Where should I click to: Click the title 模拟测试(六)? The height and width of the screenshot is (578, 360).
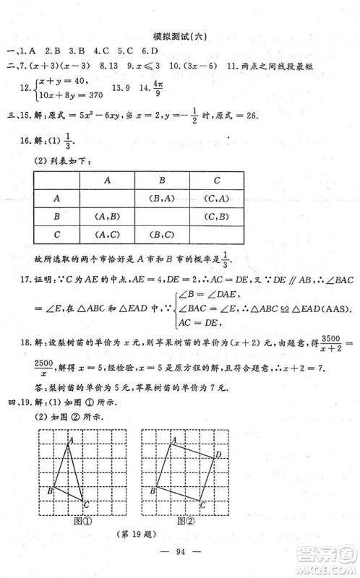point(179,37)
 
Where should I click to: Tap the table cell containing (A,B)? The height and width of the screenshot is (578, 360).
point(106,215)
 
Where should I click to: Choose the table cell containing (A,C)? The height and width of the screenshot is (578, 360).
point(106,234)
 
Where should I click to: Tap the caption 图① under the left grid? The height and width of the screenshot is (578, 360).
point(85,519)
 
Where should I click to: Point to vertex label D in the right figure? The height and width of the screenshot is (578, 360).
point(219,454)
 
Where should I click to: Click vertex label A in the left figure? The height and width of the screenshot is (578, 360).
point(72,439)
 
